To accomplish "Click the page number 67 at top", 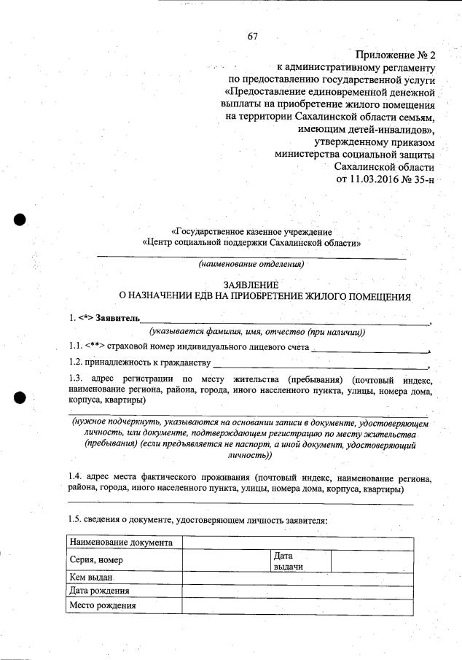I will click(x=253, y=36).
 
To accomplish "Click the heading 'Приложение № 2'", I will click(x=395, y=55).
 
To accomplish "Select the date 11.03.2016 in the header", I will click(x=375, y=179).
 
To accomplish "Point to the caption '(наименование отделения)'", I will click(x=251, y=263).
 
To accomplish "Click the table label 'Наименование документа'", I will click(x=121, y=543).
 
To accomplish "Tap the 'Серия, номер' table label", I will click(x=95, y=560).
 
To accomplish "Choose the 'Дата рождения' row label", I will click(x=99, y=591).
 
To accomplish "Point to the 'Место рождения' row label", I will click(x=102, y=605).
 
